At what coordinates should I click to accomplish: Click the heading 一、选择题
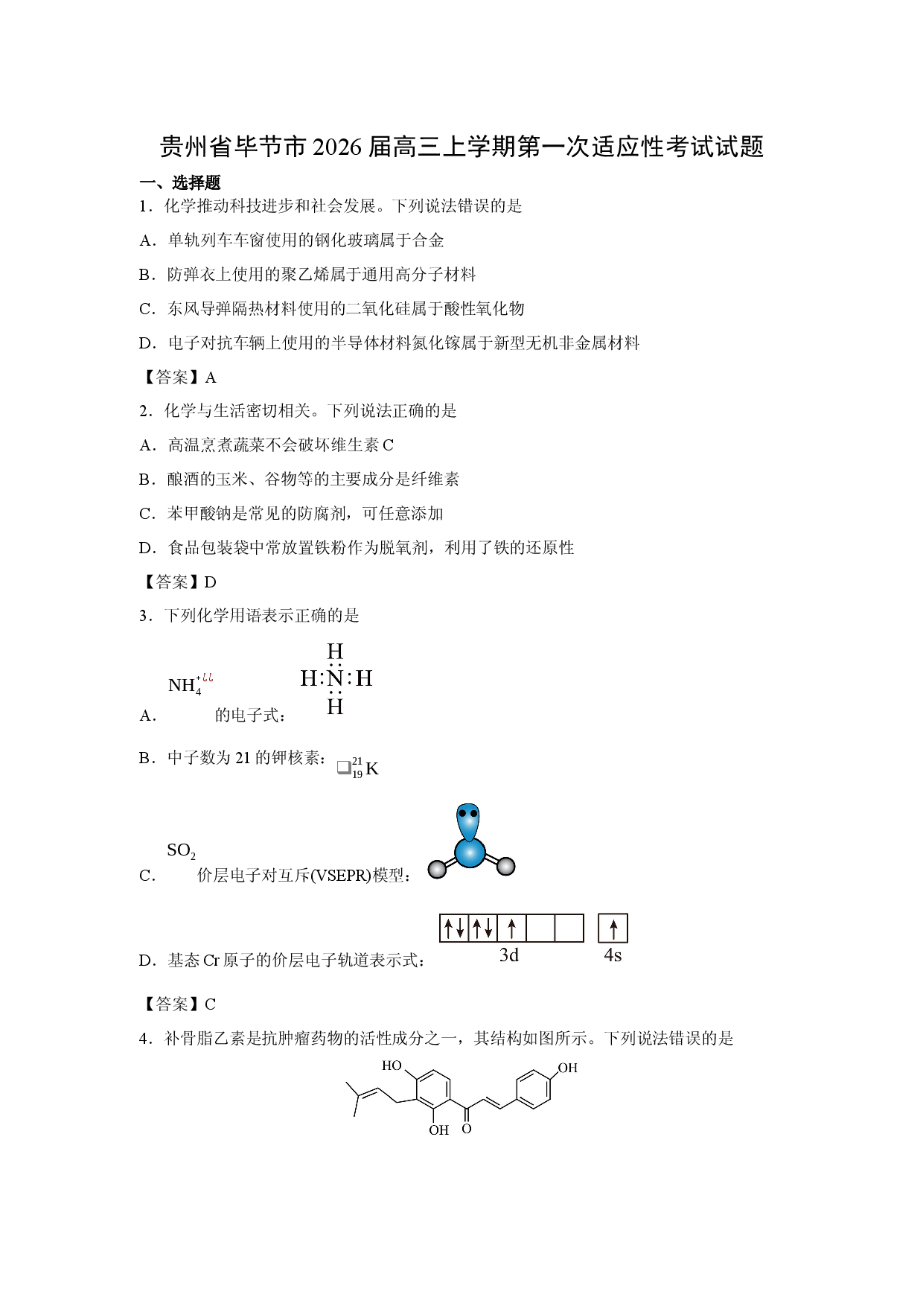(180, 183)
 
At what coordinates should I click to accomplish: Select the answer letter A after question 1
(211, 378)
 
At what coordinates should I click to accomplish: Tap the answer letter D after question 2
(211, 583)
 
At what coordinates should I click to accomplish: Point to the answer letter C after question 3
(210, 1005)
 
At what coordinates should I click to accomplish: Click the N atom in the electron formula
(335, 678)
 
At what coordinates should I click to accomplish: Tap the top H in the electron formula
(335, 652)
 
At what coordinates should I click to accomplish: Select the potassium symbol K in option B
(372, 769)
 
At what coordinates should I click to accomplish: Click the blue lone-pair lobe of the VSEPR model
(468, 821)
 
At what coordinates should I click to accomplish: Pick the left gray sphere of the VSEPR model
(438, 868)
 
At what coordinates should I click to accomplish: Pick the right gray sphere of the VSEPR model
(505, 866)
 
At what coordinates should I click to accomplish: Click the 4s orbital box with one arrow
(613, 928)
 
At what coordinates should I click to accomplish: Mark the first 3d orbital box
(454, 928)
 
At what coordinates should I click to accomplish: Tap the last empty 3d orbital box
(569, 928)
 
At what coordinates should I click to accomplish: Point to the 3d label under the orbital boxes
(509, 955)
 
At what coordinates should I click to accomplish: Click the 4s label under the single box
(613, 955)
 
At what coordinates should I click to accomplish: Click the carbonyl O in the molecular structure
(467, 1129)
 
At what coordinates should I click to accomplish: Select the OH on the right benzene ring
(568, 1068)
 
